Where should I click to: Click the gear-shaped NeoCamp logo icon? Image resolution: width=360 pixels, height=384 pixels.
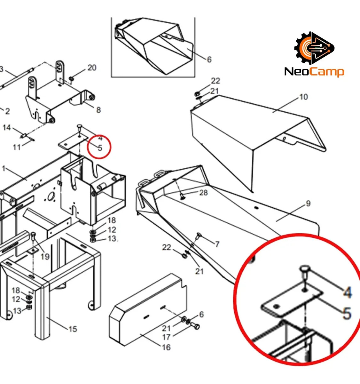pyautogui.click(x=314, y=48)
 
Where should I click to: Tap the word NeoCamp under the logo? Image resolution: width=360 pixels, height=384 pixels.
pyautogui.click(x=314, y=72)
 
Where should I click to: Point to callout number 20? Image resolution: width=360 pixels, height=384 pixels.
pyautogui.click(x=92, y=68)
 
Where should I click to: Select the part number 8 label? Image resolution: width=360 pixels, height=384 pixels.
pyautogui.click(x=98, y=110)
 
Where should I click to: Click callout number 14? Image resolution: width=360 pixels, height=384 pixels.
pyautogui.click(x=7, y=128)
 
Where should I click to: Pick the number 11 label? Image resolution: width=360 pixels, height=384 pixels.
pyautogui.click(x=17, y=147)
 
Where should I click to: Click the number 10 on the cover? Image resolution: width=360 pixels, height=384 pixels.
pyautogui.click(x=303, y=97)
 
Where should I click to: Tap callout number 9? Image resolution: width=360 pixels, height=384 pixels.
pyautogui.click(x=308, y=204)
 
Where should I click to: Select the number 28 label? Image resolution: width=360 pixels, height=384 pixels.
pyautogui.click(x=203, y=193)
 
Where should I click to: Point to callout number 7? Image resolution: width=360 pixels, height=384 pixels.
pyautogui.click(x=217, y=244)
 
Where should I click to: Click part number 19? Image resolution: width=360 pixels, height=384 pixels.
pyautogui.click(x=45, y=257)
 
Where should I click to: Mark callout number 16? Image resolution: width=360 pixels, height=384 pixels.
pyautogui.click(x=166, y=348)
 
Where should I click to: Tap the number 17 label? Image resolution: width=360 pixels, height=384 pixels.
pyautogui.click(x=166, y=337)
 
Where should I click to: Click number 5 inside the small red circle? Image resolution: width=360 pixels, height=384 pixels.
pyautogui.click(x=100, y=148)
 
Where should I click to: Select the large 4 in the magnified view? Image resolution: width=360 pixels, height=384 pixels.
pyautogui.click(x=347, y=292)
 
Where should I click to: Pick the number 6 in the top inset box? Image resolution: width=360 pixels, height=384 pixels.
pyautogui.click(x=209, y=60)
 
